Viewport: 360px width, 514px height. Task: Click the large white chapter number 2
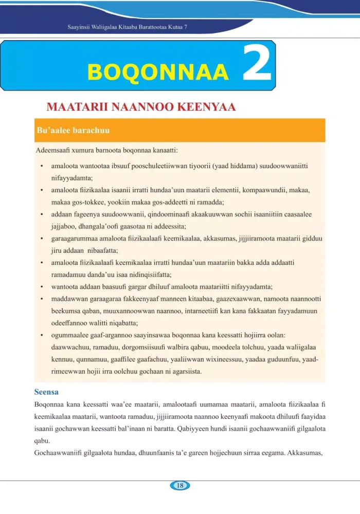tap(257, 64)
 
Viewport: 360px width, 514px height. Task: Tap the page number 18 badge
tap(179, 485)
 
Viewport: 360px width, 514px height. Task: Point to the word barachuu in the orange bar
tap(91, 131)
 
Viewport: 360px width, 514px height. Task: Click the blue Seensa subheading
tap(46, 392)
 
